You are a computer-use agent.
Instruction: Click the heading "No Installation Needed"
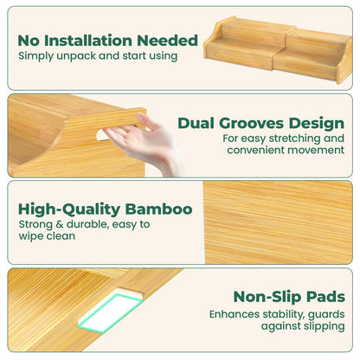click(107, 41)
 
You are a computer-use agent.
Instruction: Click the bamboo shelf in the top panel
click(278, 49)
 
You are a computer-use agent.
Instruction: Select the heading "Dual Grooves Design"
click(261, 124)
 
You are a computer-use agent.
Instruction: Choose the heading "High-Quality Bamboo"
click(106, 209)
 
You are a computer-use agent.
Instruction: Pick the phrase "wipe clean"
click(47, 236)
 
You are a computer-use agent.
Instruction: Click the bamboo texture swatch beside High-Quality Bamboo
click(278, 222)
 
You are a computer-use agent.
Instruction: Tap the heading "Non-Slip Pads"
click(289, 297)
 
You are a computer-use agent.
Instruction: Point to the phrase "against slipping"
click(303, 326)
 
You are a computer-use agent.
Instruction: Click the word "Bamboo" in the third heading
click(158, 209)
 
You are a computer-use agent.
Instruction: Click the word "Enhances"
click(235, 314)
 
